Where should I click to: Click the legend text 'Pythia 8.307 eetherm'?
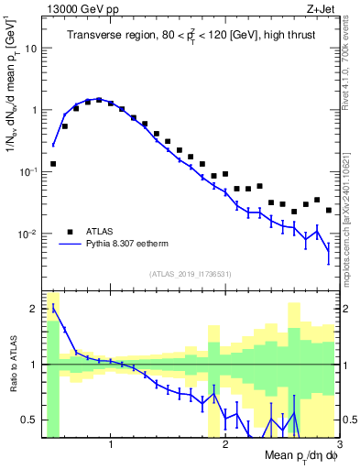[x=137, y=245]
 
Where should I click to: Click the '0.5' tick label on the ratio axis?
[x=29, y=420]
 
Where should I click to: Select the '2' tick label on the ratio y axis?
[x=34, y=308]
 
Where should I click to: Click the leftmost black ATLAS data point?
[x=53, y=164]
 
